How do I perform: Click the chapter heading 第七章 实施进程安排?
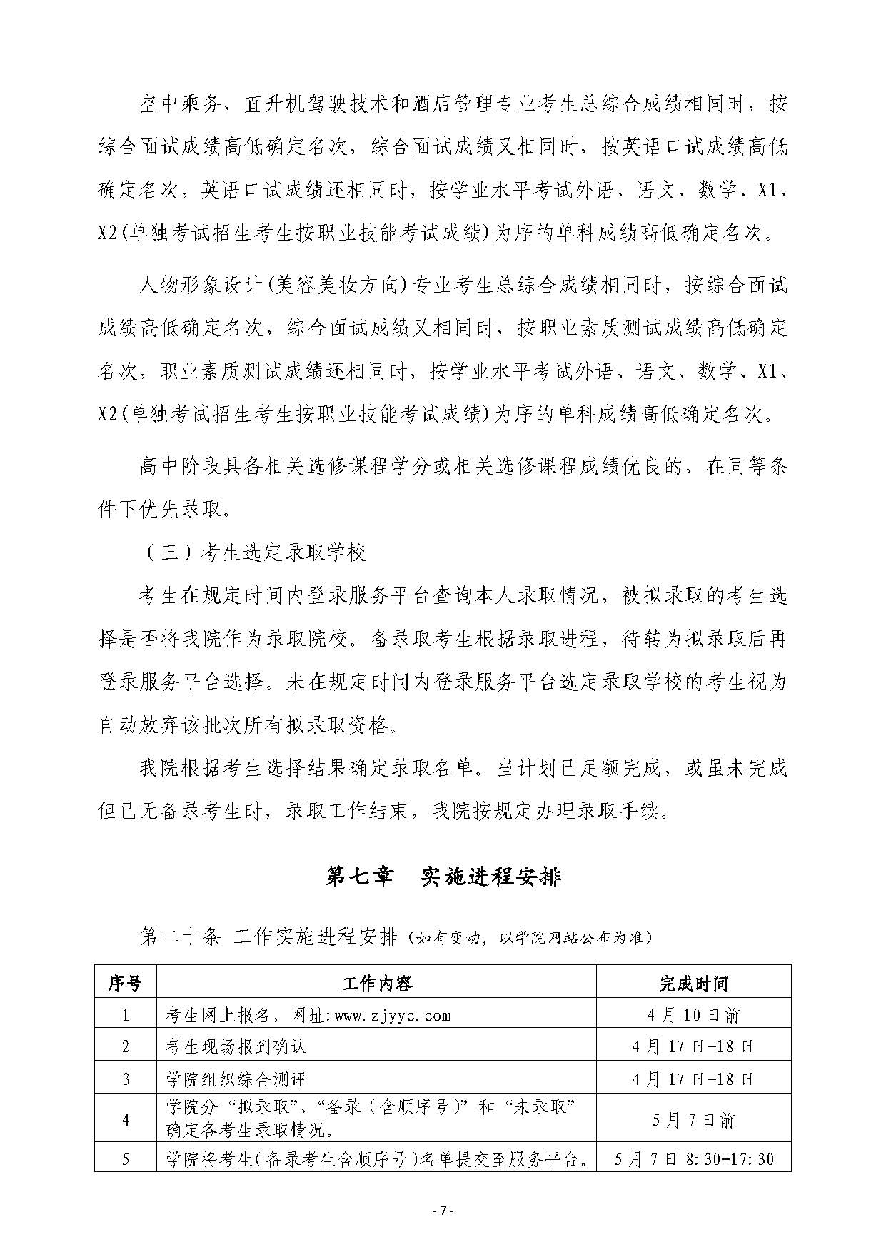(443, 877)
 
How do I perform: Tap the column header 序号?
(125, 984)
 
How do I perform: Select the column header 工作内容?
(376, 984)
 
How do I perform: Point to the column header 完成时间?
(693, 984)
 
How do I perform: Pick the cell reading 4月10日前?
(693, 1015)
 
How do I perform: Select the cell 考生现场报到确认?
(236, 1046)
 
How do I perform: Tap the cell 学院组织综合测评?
(236, 1078)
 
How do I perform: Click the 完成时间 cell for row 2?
(693, 1046)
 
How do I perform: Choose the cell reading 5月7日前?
(693, 1120)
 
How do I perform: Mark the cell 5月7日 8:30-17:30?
(693, 1159)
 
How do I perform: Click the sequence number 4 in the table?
(126, 1120)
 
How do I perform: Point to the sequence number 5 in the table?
(126, 1159)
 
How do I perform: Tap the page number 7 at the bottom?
(443, 1210)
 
